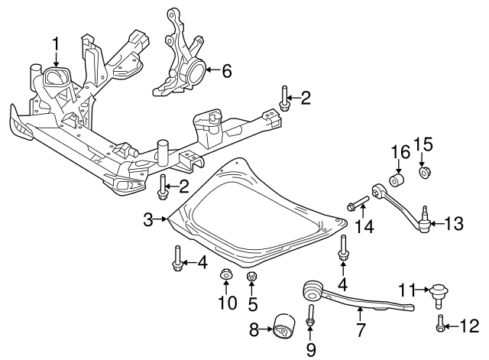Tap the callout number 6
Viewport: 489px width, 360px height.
click(225, 72)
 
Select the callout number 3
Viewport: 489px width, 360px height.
click(148, 220)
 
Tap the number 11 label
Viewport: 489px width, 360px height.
click(406, 290)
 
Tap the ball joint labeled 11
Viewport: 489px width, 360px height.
click(439, 291)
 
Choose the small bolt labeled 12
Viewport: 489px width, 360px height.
click(442, 326)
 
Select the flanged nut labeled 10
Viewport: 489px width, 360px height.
click(226, 274)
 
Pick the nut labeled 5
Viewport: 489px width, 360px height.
click(251, 276)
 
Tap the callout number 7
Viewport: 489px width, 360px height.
click(361, 331)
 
